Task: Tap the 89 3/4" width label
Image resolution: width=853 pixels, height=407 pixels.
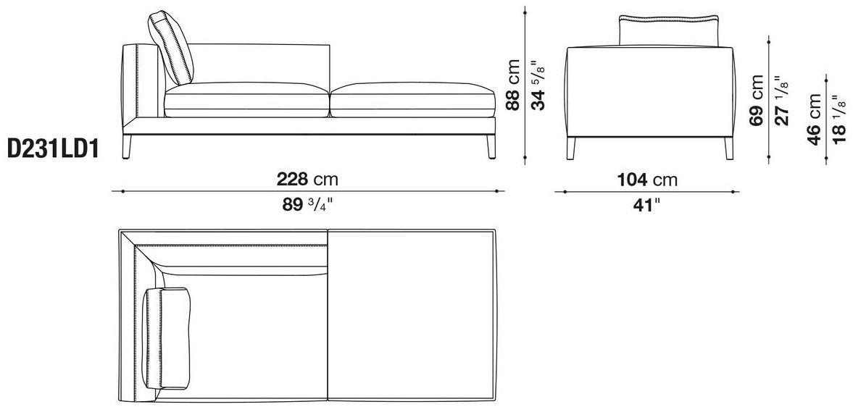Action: (307, 204)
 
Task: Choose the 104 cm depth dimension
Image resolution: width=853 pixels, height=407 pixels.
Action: (647, 180)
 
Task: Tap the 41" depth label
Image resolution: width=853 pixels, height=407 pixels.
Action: (647, 205)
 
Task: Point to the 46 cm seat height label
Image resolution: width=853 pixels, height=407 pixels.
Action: (815, 119)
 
